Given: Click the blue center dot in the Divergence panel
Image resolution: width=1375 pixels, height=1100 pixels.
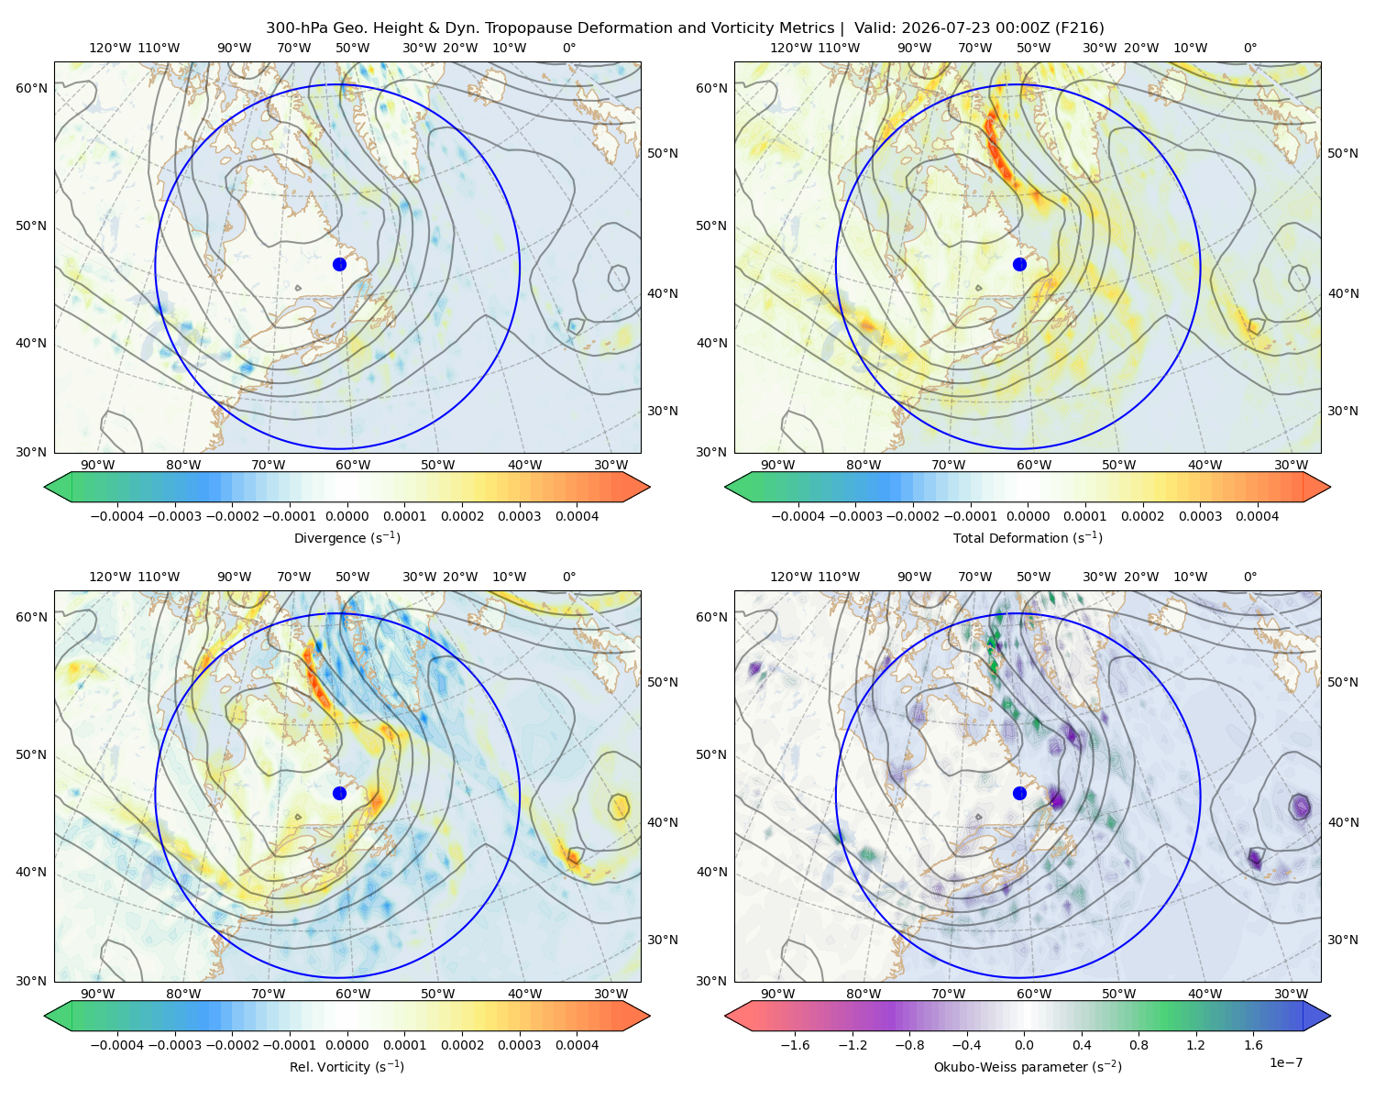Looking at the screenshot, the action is [339, 264].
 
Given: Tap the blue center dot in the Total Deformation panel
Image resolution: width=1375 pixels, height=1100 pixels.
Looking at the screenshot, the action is [1019, 264].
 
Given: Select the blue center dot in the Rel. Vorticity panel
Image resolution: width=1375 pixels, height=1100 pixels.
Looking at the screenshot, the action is [339, 793].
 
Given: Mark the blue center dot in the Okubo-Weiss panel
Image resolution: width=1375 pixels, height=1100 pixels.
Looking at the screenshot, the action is [1019, 793].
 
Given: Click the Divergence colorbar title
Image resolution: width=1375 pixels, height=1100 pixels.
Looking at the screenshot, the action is [346, 537].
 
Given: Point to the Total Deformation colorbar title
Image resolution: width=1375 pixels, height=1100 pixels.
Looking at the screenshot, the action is [1028, 537].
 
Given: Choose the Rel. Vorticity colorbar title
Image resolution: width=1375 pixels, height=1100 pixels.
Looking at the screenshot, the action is [346, 1066].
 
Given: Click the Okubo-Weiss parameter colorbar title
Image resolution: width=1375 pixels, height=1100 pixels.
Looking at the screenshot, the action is [1028, 1066].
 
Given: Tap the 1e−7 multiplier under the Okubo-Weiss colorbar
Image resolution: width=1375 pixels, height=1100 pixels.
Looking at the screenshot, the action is [1285, 1062].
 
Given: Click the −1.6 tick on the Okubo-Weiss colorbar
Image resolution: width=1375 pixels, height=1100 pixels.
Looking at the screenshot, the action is [795, 1045].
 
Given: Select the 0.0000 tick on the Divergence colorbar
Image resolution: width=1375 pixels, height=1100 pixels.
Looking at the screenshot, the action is [346, 516].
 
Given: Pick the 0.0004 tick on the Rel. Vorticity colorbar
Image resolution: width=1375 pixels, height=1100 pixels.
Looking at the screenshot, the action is [577, 1045].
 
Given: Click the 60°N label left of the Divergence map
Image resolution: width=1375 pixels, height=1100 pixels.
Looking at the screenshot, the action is [31, 88].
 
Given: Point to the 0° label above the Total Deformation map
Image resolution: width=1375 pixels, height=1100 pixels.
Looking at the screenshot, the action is [1249, 48].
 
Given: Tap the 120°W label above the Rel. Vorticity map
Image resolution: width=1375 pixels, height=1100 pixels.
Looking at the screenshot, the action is [110, 577].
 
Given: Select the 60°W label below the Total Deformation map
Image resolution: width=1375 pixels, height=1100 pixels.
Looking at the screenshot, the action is [1033, 465].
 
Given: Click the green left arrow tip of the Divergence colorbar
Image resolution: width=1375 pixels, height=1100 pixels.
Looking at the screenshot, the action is [45, 487].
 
